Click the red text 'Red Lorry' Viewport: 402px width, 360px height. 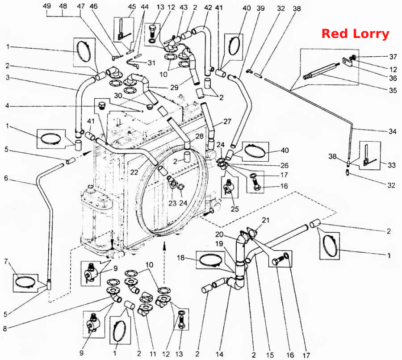(356, 34)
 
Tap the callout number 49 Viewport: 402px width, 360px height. (47, 6)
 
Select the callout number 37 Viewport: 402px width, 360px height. (393, 56)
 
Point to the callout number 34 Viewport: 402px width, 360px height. (393, 131)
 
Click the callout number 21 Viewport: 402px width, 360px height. (266, 220)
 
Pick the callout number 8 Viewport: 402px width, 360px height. (5, 328)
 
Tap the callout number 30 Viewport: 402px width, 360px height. (118, 96)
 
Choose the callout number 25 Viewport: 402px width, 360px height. (234, 209)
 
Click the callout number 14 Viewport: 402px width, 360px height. (219, 355)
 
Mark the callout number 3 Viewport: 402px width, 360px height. (8, 77)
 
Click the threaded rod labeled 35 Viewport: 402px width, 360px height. (320, 71)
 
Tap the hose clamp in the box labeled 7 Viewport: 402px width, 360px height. (25, 282)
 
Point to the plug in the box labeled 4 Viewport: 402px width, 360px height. (102, 105)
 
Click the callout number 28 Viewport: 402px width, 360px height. (200, 136)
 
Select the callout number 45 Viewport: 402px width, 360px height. (132, 6)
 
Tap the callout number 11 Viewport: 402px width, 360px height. (153, 354)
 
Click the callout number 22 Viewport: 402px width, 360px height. (134, 172)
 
